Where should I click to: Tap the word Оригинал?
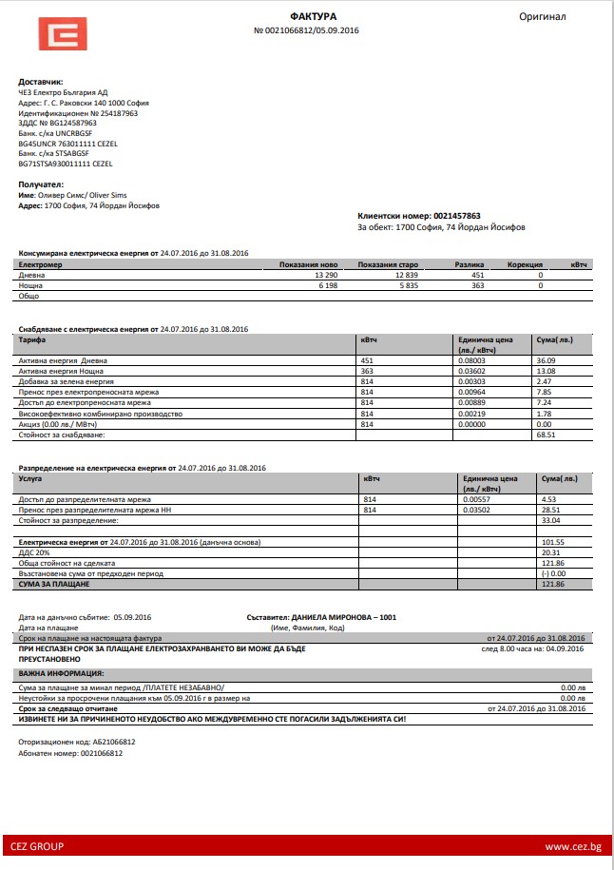[x=542, y=16]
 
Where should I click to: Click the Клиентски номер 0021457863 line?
[x=418, y=216]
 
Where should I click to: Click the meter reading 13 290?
[x=325, y=274]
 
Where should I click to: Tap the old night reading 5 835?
[x=408, y=284]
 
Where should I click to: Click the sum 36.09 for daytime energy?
[x=546, y=360]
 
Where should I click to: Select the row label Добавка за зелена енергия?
[x=72, y=381]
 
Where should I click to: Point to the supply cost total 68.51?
[x=546, y=435]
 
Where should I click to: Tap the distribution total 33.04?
[x=550, y=520]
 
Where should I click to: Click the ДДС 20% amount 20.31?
[x=550, y=552]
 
